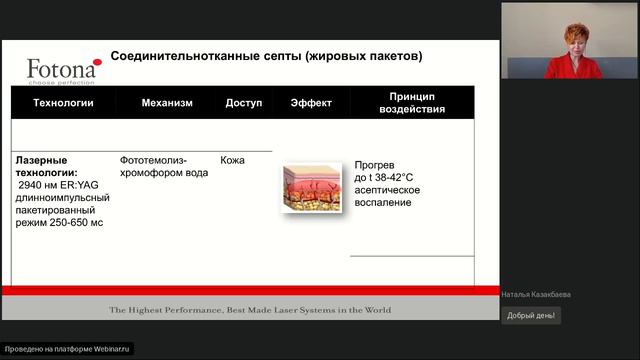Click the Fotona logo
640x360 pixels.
point(62,70)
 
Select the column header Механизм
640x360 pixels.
point(167,103)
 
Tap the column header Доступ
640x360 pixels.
point(243,103)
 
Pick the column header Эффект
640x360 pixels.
point(311,103)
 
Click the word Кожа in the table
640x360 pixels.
point(232,160)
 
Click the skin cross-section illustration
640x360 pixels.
point(311,188)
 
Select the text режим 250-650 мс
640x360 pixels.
point(59,222)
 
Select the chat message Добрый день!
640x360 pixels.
point(531,315)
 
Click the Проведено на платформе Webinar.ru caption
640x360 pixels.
point(67,349)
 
